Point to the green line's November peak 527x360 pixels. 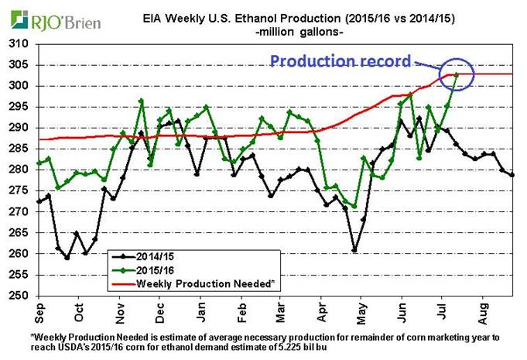coord(141,101)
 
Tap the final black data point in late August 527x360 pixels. coord(512,175)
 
